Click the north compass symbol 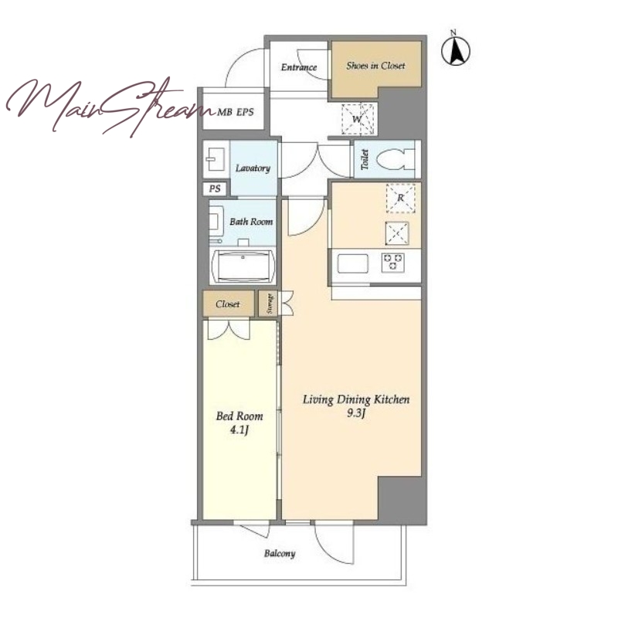tap(455, 49)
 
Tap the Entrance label tap(299, 67)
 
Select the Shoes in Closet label tap(375, 66)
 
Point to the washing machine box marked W tap(358, 119)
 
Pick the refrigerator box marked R tap(400, 198)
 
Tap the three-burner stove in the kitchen tap(392, 263)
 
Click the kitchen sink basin tap(353, 263)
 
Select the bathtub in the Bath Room tap(243, 266)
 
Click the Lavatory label tap(253, 168)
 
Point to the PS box tap(215, 188)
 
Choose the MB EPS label tap(236, 112)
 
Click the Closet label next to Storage tap(227, 304)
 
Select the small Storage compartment tap(268, 304)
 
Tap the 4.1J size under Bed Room tap(239, 430)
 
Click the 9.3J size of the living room tap(356, 413)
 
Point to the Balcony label tap(280, 554)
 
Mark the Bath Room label tap(251, 222)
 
